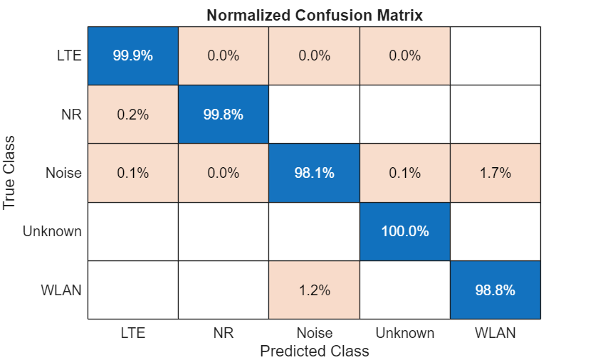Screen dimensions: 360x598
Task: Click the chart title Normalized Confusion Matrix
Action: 314,15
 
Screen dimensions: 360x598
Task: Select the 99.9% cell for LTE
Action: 132,55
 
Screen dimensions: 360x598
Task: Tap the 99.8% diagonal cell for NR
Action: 223,115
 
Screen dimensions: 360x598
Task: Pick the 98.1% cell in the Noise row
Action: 314,173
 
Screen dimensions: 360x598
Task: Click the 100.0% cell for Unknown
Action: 404,231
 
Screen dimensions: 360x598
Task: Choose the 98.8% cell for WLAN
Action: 495,290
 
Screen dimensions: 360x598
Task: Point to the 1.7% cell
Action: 495,173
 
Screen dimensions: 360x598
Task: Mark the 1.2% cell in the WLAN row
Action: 314,290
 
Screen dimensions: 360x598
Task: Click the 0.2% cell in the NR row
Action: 132,115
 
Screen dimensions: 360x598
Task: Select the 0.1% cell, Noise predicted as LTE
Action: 132,173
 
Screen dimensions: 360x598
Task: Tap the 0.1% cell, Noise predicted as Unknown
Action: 404,173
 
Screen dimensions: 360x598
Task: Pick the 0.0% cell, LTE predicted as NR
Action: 223,55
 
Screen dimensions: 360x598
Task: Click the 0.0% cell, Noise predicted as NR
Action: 223,173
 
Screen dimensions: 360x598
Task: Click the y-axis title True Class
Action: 10,173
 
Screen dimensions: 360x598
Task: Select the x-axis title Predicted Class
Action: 314,351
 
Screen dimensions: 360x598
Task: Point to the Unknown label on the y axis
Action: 52,231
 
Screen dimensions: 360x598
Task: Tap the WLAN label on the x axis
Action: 495,333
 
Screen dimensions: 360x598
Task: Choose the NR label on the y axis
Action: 71,115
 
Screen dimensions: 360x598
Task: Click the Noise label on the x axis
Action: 314,333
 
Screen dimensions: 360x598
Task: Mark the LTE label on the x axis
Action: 132,333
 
